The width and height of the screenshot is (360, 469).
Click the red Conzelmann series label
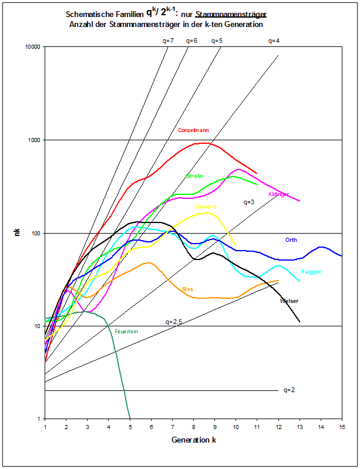(193, 130)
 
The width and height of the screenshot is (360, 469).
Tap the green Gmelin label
(194, 176)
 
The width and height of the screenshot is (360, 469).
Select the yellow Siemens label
(206, 207)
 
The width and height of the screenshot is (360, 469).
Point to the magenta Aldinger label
(278, 194)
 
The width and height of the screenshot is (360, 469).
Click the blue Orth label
(291, 239)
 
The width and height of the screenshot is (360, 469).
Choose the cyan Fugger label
(311, 272)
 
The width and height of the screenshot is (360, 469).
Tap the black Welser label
(289, 301)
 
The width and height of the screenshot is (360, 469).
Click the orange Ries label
(188, 289)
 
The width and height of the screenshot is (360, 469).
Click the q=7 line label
(168, 41)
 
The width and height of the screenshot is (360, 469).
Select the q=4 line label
(274, 41)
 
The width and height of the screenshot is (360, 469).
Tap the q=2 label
(289, 390)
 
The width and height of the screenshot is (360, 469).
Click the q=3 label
(249, 202)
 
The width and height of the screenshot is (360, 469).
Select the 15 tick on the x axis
(342, 427)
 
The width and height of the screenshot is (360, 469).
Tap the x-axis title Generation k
(193, 440)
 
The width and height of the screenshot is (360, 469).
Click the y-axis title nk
(18, 233)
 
